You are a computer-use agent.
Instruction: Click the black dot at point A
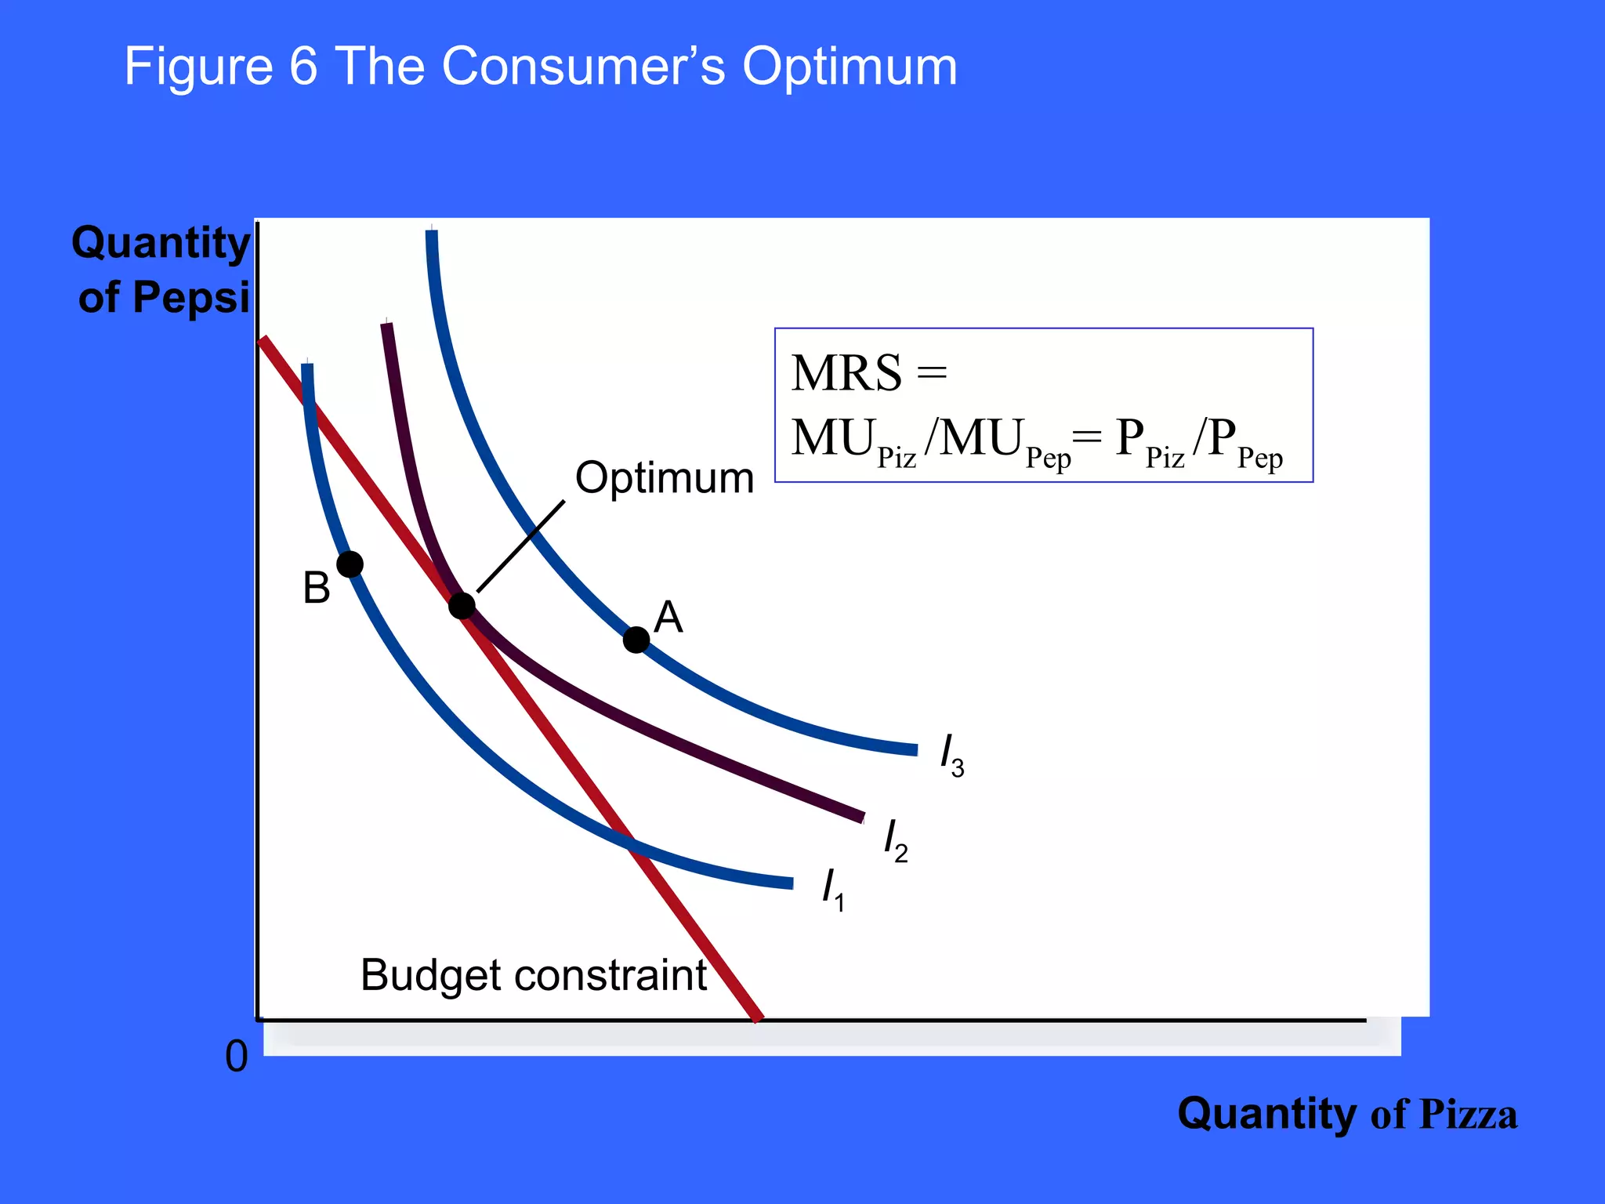[x=636, y=640]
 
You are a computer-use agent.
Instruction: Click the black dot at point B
[x=350, y=564]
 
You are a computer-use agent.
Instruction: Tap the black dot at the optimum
[x=462, y=605]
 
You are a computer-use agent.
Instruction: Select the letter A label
[x=668, y=618]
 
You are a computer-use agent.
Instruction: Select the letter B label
[x=317, y=588]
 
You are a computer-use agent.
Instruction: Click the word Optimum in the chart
[x=665, y=477]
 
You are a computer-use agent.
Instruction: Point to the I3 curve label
[x=951, y=756]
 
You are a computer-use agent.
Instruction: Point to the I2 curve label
[x=895, y=840]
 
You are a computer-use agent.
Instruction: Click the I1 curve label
[x=832, y=890]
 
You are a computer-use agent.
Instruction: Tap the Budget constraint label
[x=534, y=975]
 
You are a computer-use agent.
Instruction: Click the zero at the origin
[x=237, y=1057]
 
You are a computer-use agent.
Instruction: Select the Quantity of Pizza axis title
[x=1346, y=1114]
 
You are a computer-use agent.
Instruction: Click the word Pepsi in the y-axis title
[x=190, y=298]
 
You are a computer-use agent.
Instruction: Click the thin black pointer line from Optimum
[x=520, y=546]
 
